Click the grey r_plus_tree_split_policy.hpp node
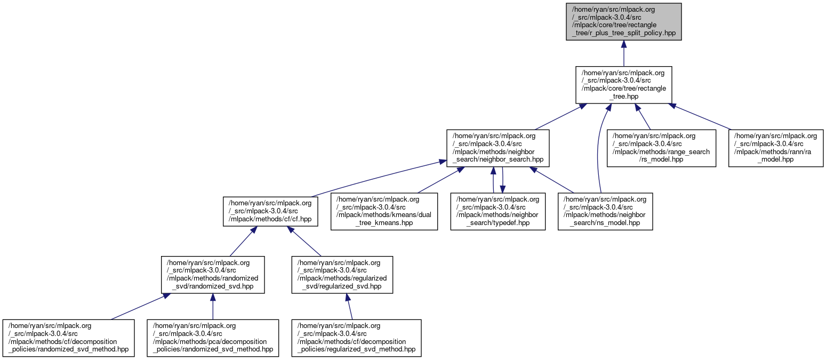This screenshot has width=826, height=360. click(623, 21)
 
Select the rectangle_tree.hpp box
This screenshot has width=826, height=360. click(623, 84)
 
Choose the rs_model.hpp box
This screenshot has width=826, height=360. click(661, 148)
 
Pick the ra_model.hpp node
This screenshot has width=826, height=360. click(776, 148)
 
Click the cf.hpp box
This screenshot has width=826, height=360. click(270, 211)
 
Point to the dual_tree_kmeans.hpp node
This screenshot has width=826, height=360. click(384, 211)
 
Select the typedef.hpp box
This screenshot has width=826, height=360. click(498, 211)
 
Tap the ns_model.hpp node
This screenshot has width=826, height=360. click(605, 211)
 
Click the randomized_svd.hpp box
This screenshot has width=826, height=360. click(213, 275)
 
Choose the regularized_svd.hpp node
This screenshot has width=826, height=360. click(342, 275)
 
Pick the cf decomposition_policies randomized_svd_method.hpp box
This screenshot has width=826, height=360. click(69, 338)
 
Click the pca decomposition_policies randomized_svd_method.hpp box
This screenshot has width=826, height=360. click(213, 338)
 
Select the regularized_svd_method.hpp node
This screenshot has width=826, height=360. click(356, 338)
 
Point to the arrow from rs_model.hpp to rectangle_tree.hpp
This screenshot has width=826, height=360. click(643, 116)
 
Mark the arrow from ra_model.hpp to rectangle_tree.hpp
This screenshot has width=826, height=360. click(701, 116)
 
